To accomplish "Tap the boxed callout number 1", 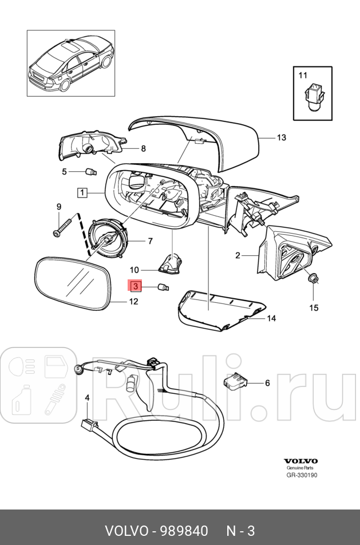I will click(x=83, y=193).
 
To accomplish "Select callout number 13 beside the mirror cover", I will click(x=281, y=138).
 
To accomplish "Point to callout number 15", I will click(x=314, y=308).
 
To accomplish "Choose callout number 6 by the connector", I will click(x=267, y=383).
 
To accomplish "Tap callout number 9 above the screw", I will click(x=58, y=207).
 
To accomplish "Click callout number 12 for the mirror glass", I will click(x=133, y=302).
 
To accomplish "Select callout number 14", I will click(x=271, y=318).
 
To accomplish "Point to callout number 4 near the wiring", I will click(x=87, y=397).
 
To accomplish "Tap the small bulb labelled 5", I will click(x=89, y=171).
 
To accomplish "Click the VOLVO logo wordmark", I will click(x=300, y=461).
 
